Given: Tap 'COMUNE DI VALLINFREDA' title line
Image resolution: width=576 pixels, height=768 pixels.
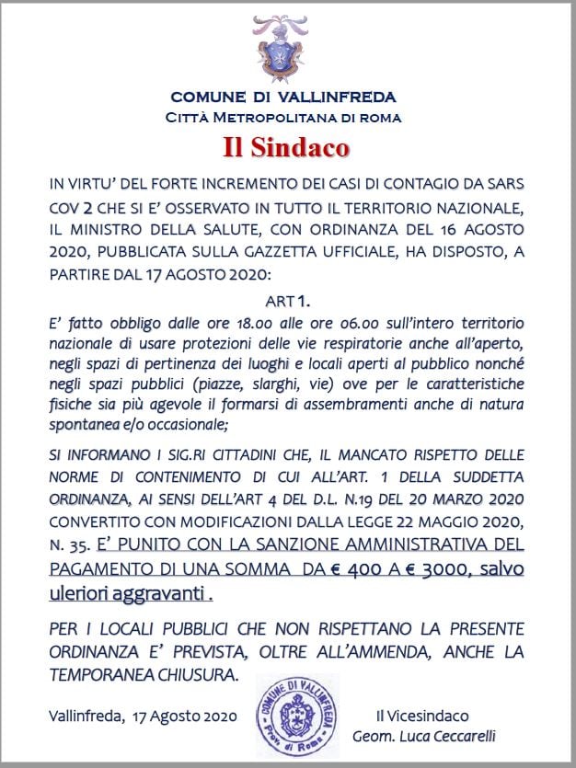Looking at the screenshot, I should tap(283, 97).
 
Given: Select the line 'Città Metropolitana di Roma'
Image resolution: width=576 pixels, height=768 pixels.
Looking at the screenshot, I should tap(283, 117).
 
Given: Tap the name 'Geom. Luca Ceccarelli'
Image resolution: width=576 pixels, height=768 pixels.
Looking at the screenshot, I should tap(425, 736).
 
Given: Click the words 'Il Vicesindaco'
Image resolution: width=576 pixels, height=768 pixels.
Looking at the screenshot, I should tap(422, 715).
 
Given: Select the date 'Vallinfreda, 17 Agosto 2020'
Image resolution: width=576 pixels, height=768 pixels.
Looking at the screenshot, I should tap(145, 716).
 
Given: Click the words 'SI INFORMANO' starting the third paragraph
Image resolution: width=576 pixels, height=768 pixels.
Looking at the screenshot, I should tap(92, 453).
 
